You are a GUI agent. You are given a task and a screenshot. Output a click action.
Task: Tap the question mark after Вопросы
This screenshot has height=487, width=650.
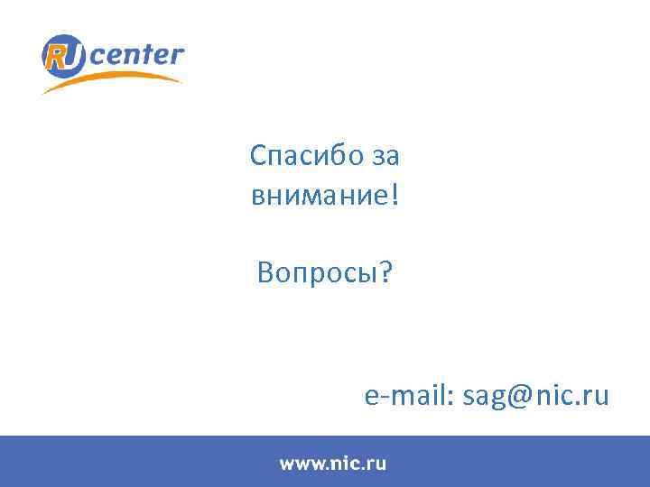386,271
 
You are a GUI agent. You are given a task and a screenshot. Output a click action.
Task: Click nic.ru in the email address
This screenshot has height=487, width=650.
573,395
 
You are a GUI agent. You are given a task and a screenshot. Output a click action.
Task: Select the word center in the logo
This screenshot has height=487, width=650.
136,55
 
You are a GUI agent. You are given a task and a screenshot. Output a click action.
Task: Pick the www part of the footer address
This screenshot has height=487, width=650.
302,464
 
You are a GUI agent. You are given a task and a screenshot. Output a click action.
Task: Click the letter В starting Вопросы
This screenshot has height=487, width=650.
265,271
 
